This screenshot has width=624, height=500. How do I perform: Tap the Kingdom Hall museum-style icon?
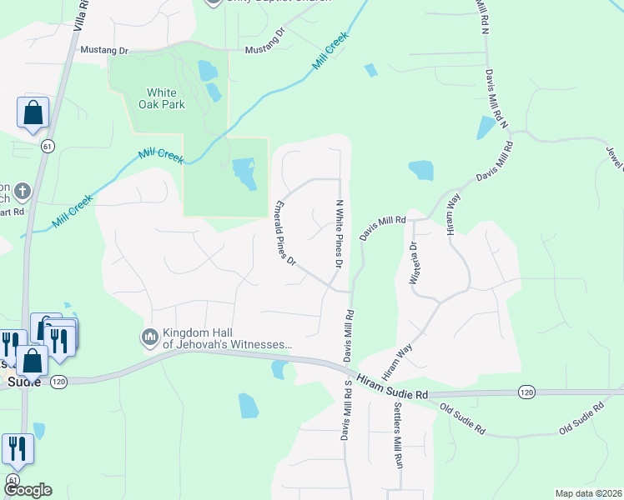point(150,337)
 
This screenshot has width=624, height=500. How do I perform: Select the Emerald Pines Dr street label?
point(285,233)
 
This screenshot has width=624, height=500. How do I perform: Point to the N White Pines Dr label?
point(340,233)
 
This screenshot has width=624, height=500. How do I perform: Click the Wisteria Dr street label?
point(413,263)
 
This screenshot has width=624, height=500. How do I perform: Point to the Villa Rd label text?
point(78,17)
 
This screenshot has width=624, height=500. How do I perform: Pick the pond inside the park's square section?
point(244,172)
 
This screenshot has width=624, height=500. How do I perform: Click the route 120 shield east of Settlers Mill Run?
point(526,391)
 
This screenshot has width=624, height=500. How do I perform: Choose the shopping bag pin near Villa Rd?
point(33,112)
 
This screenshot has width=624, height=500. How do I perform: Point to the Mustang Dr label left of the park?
point(103,50)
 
